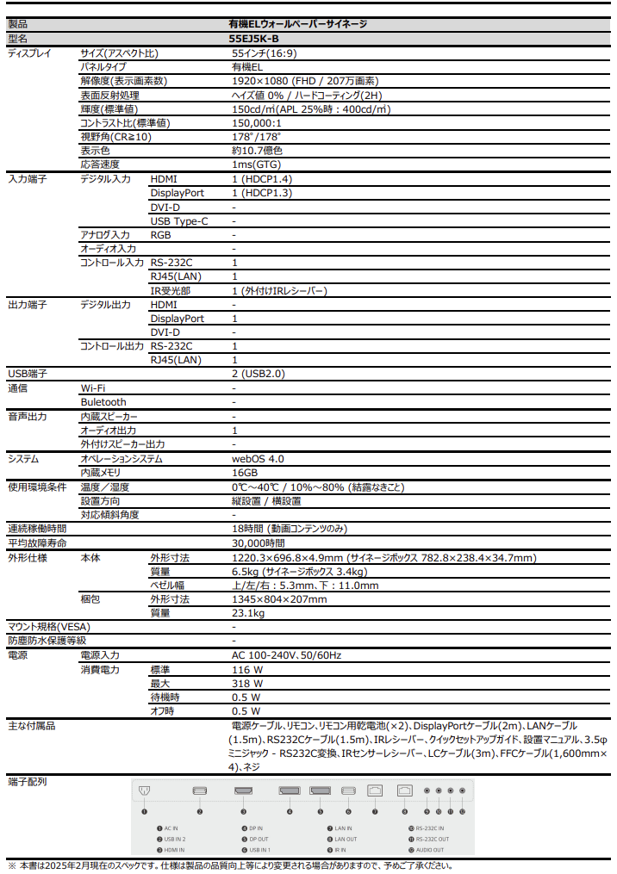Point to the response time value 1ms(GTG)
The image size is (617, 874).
click(256, 164)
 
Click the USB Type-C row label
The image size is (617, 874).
click(179, 221)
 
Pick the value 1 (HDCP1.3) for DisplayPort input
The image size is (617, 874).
click(262, 193)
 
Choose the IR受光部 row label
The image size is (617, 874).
click(170, 291)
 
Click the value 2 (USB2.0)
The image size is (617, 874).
click(258, 374)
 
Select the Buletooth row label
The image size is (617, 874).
click(103, 402)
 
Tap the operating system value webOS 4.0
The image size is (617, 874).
click(258, 459)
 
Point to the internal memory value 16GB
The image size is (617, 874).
click(245, 473)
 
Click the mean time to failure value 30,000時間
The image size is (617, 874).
click(258, 543)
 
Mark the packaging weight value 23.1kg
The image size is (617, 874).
click(248, 613)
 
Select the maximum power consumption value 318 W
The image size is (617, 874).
click(247, 683)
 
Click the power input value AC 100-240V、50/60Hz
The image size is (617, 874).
click(286, 655)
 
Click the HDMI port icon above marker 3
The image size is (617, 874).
click(243, 791)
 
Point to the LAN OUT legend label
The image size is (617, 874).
click(346, 839)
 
